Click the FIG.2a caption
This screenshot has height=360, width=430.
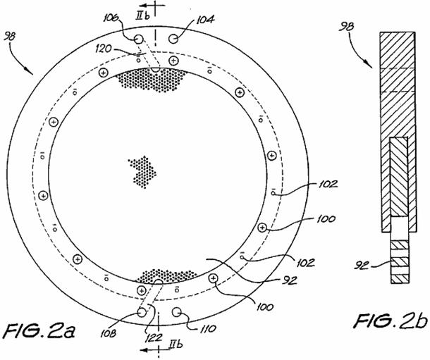(x=41, y=331)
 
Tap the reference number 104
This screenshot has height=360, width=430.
(x=204, y=20)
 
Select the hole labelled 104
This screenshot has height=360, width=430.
(x=173, y=39)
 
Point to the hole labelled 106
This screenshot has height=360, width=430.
(x=139, y=39)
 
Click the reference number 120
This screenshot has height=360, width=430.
(x=104, y=49)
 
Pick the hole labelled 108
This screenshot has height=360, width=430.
(x=142, y=312)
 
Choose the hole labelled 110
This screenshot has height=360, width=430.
(x=177, y=312)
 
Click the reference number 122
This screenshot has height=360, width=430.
(x=153, y=337)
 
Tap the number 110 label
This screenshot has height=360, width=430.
(x=207, y=328)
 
